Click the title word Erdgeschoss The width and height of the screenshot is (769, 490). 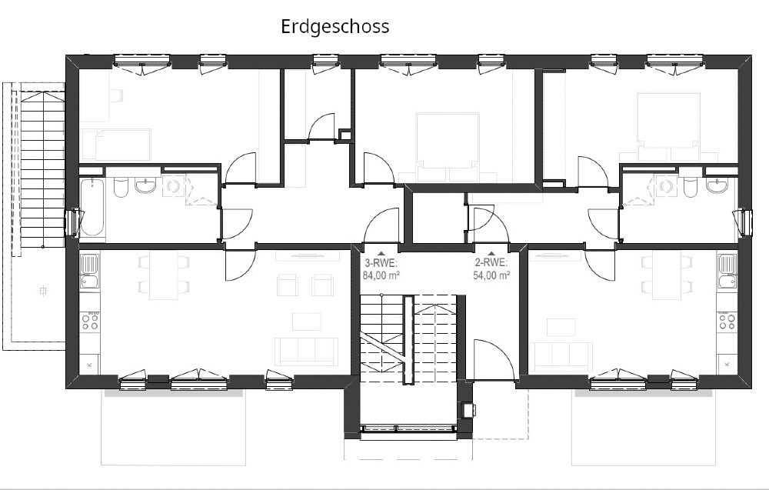[x=335, y=26]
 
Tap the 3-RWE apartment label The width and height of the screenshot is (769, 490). [x=381, y=262]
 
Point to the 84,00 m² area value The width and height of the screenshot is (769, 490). [x=381, y=275]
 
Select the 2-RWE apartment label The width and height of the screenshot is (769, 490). [x=491, y=262]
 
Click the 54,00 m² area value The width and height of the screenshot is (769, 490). [x=491, y=275]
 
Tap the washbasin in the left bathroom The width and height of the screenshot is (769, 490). [x=145, y=185]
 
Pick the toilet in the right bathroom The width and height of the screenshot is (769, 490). [x=690, y=187]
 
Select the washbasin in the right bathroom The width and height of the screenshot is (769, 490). [x=717, y=185]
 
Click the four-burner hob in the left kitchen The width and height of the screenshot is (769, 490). [x=90, y=322]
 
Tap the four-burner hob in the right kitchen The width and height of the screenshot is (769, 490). [x=727, y=321]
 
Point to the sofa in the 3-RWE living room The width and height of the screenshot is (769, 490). [x=305, y=351]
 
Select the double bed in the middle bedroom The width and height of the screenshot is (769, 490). [x=447, y=147]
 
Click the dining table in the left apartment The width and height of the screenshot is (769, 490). [x=163, y=276]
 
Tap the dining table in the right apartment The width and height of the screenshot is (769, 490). [x=667, y=276]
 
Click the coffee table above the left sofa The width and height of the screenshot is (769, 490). [x=307, y=322]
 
